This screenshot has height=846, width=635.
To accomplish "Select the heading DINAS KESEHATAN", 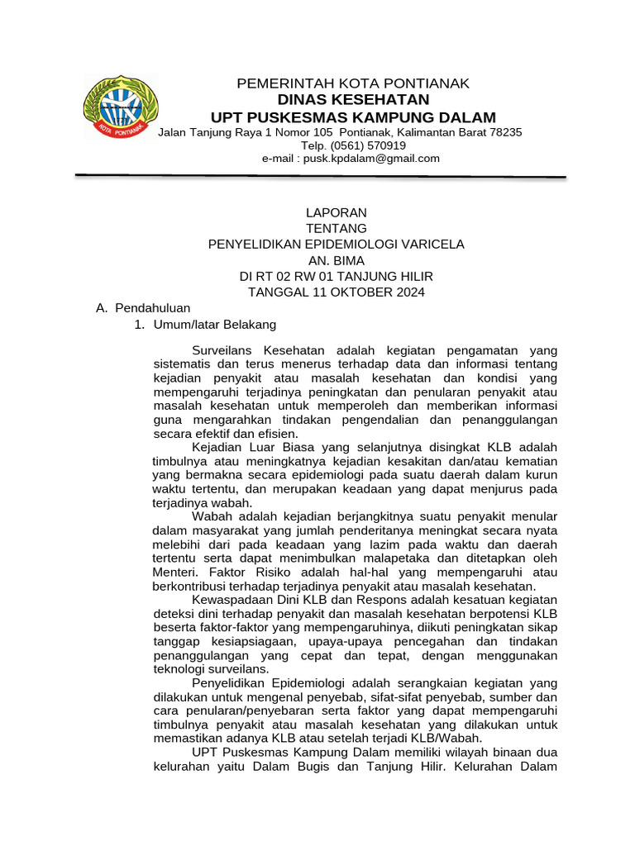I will (353, 100).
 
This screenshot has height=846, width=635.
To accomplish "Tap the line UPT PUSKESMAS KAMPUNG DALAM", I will (353, 117).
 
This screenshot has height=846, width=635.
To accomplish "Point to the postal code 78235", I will (505, 132).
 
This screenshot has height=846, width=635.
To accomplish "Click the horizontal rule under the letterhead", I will (321, 176).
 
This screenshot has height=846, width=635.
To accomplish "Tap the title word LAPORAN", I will (336, 212).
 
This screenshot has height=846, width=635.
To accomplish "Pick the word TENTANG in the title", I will (336, 228).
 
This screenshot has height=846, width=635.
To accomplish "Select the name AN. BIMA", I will (336, 260).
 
